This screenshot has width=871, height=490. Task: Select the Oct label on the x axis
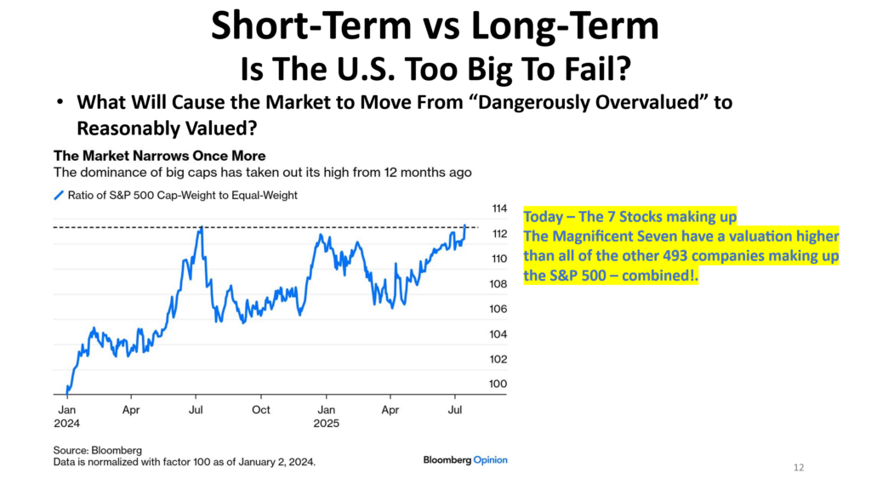[x=261, y=409]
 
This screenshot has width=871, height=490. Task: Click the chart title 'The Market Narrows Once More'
[x=160, y=156]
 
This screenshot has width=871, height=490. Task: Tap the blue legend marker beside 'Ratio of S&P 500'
[x=58, y=196]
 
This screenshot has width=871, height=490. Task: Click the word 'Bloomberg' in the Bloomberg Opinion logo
[x=447, y=460]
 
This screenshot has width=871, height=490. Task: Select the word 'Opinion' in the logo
[x=491, y=460]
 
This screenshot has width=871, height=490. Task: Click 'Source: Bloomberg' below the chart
[x=98, y=449]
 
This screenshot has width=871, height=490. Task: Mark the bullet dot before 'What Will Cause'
[x=60, y=102]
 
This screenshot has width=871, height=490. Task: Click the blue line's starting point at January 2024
[x=67, y=390]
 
